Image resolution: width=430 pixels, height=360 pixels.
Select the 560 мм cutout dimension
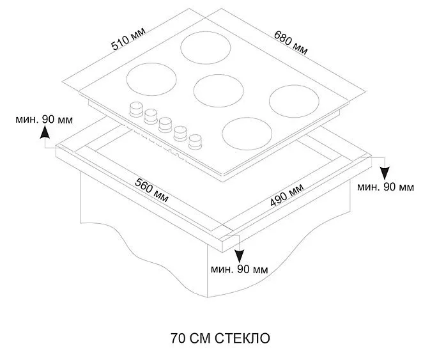click(x=152, y=189)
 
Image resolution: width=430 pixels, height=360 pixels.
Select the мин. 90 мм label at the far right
click(x=385, y=187)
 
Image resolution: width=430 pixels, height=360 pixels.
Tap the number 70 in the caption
click(x=177, y=337)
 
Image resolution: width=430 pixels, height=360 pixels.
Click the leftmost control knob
click(x=137, y=110)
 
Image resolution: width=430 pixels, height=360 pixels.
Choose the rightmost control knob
click(x=196, y=138)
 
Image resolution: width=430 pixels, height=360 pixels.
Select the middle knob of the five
click(x=166, y=123)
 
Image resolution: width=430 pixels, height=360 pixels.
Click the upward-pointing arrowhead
click(x=45, y=132)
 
